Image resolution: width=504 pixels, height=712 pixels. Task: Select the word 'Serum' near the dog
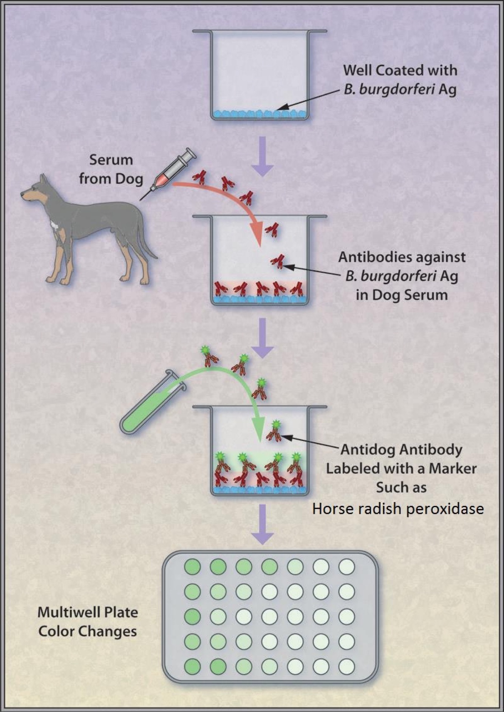[x=111, y=160]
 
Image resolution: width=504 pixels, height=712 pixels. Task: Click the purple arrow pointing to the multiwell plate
[x=262, y=524]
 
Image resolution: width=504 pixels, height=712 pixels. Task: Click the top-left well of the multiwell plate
[x=192, y=567]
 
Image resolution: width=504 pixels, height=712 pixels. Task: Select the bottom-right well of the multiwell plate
[x=346, y=667]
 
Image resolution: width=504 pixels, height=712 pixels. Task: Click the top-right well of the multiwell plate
[x=346, y=567]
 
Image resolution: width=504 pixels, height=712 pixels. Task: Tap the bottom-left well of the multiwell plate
[x=192, y=667]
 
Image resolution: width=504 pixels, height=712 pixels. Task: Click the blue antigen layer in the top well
[x=260, y=113]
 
